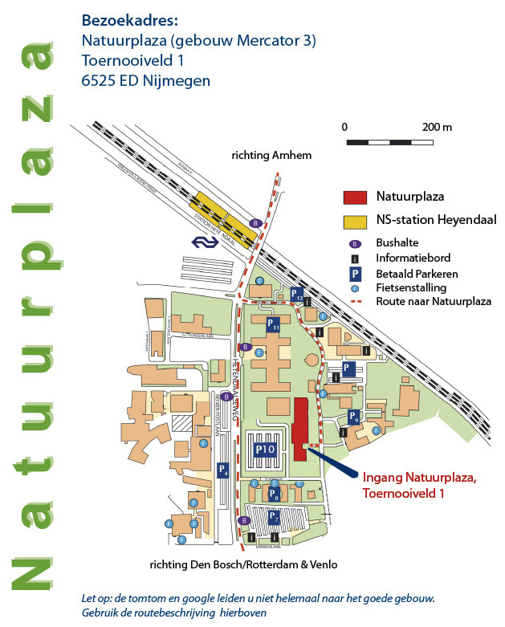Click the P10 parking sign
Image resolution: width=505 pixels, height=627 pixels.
pyautogui.click(x=266, y=450)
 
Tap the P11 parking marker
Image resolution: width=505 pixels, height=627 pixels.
pyautogui.click(x=273, y=324)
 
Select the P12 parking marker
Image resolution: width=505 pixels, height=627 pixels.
pyautogui.click(x=297, y=295)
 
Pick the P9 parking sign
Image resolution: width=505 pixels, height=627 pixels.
pyautogui.click(x=354, y=417)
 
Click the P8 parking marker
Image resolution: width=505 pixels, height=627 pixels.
pyautogui.click(x=273, y=493)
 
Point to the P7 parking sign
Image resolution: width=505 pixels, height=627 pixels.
pyautogui.click(x=273, y=518)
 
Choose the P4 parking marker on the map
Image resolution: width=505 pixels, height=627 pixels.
pyautogui.click(x=224, y=471)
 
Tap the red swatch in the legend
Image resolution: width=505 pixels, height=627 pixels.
pyautogui.click(x=355, y=197)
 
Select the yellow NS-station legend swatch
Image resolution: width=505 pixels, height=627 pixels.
pyautogui.click(x=355, y=220)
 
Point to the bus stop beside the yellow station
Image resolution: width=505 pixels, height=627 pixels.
pyautogui.click(x=255, y=222)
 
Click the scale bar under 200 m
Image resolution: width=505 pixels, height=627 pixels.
pyautogui.click(x=390, y=142)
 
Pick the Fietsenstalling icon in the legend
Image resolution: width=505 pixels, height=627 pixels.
pyautogui.click(x=354, y=287)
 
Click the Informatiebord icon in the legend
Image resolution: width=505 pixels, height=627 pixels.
pyautogui.click(x=354, y=258)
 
